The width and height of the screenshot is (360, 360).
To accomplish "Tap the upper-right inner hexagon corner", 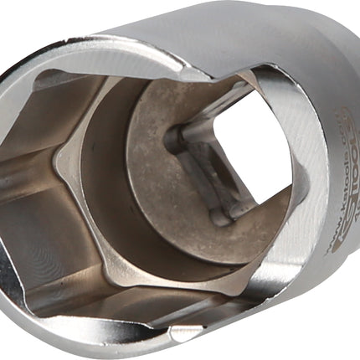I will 251,71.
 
